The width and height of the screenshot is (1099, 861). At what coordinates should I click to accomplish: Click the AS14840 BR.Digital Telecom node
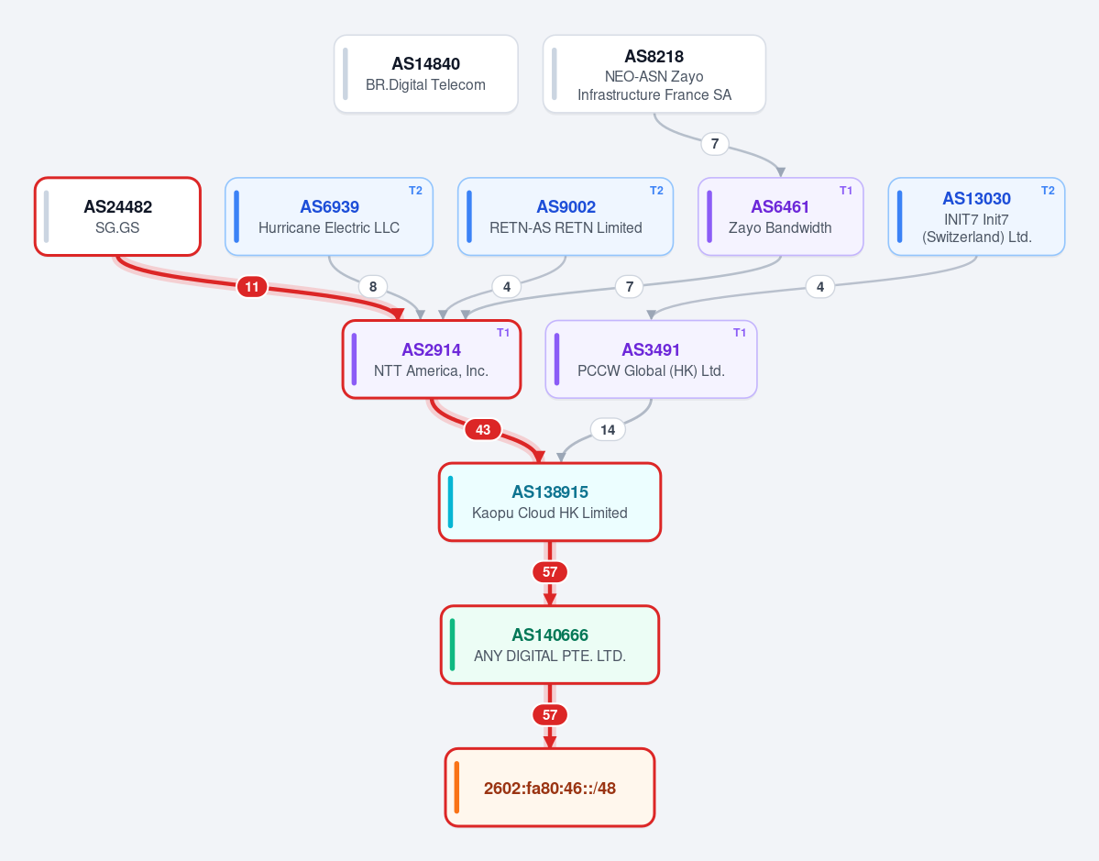pos(426,73)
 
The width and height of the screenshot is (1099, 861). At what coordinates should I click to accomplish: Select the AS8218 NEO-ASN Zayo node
pos(654,73)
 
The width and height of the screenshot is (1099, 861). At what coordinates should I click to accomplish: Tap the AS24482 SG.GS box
pos(117,216)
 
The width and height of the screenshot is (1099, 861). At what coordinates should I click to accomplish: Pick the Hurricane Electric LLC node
pos(329,216)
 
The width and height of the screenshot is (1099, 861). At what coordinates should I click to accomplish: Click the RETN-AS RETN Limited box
pos(566,216)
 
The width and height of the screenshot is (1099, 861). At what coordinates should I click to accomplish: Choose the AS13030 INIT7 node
pos(976,216)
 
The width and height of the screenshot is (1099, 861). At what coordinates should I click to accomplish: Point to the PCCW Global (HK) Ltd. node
pos(651,359)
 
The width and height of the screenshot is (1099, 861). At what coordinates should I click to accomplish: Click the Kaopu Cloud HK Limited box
pos(550,502)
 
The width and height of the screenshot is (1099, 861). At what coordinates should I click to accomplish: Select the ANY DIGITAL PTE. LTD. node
pos(550,645)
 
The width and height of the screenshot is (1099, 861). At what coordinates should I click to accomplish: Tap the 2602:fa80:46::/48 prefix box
pos(550,788)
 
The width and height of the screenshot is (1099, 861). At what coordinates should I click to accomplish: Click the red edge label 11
pos(252,287)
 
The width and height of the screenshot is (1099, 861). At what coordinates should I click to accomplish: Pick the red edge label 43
pos(483,430)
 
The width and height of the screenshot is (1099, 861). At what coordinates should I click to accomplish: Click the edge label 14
pos(608,430)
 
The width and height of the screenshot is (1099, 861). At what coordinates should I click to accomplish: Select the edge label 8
pos(373,287)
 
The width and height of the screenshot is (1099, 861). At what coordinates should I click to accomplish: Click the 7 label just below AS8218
pos(715,144)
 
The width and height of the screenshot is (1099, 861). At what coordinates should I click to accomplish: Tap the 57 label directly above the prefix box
pos(550,715)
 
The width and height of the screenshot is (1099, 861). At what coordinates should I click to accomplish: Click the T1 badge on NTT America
pos(503,333)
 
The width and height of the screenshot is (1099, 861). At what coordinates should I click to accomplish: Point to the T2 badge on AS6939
pos(415,191)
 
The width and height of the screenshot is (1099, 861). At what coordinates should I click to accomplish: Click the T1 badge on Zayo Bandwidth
pos(846,191)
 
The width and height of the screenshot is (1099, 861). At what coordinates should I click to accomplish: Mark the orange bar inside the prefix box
pos(457,788)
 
